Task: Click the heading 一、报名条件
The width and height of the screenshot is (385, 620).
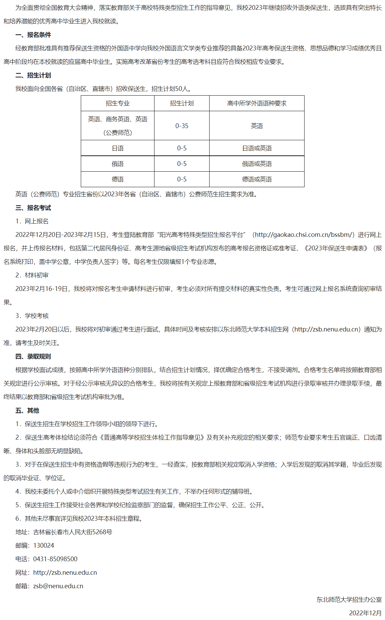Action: point(33,35)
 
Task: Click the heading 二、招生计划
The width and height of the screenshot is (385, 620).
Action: point(33,75)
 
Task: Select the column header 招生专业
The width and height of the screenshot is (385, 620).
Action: point(117,103)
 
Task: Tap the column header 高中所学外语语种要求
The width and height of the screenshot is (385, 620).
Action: point(257,103)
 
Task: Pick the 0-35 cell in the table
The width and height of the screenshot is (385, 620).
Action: point(182,126)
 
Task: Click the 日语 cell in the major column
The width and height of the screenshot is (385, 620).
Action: point(117,148)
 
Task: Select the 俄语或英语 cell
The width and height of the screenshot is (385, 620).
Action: point(257,164)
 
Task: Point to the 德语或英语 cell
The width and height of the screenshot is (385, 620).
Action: point(257,179)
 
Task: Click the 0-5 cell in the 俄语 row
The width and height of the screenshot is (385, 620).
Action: point(182,164)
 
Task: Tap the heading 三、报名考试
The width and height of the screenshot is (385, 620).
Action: point(33,208)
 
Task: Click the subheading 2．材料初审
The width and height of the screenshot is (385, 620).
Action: point(32,275)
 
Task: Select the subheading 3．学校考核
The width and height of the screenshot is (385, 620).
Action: point(32,316)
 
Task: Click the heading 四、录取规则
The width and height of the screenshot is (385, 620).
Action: point(33,356)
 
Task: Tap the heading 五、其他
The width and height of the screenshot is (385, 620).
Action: point(27,411)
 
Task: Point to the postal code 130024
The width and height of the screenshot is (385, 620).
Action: point(44,546)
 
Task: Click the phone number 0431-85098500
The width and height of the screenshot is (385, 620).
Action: point(55,559)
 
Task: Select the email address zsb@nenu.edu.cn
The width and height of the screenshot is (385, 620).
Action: point(58,586)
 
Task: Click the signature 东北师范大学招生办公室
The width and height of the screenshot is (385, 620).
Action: point(349,600)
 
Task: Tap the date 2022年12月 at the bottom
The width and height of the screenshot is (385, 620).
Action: point(365,613)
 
